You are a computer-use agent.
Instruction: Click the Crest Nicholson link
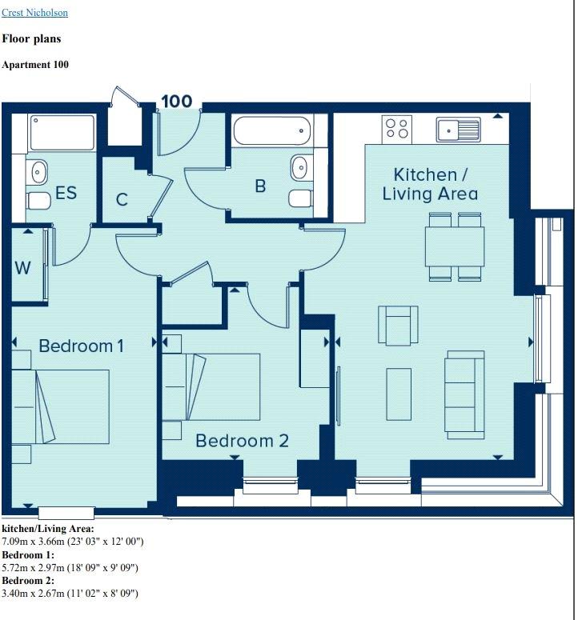coord(34,13)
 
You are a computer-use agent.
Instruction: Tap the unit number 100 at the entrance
coord(177,102)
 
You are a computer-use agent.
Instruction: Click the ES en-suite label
coord(66,193)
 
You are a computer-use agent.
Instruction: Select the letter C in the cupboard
coord(122,200)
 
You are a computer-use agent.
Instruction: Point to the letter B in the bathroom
coord(260,186)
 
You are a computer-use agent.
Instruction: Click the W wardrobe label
coord(22,268)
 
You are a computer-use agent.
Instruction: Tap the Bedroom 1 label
coord(82,346)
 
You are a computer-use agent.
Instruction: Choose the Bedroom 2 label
coord(242,441)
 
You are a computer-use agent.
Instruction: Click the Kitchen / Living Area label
coord(430,184)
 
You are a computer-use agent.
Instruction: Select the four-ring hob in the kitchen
coord(397,129)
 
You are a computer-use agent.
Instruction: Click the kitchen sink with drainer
coord(459,130)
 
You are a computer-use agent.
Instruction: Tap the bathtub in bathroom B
coord(272,130)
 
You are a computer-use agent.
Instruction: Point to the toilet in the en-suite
coord(38,202)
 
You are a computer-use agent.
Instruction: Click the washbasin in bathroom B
coord(299,168)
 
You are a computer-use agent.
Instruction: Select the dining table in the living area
coord(455,246)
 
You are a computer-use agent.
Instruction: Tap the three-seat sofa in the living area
coord(465,394)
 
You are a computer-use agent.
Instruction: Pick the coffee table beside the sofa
coord(399,394)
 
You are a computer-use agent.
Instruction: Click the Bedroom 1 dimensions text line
coord(70,568)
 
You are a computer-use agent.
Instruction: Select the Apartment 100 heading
coord(35,65)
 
